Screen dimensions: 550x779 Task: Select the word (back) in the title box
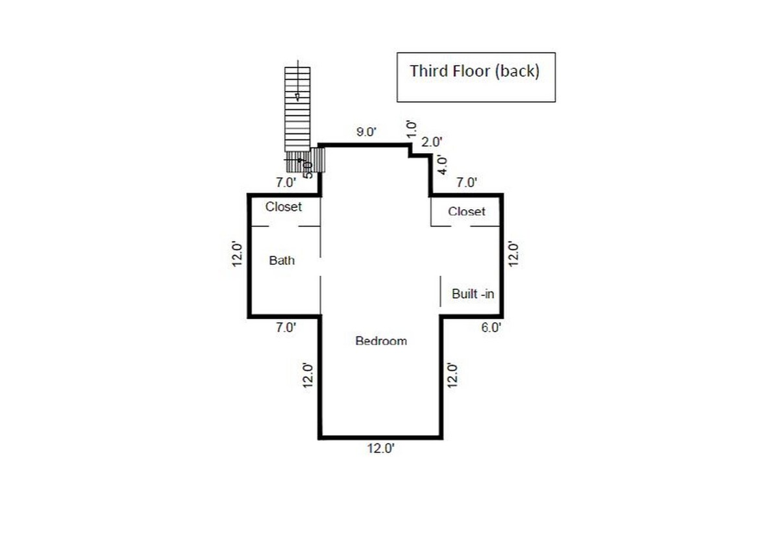[x=517, y=71]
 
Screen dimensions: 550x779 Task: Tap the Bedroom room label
[x=381, y=341]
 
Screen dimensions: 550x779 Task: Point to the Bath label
[x=282, y=260]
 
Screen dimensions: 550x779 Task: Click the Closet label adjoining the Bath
[x=284, y=207]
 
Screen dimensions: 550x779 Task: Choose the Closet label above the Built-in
[x=466, y=212]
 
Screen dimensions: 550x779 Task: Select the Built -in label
[x=473, y=294]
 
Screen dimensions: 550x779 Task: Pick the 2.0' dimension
[x=432, y=142]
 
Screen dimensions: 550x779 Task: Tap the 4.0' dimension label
[x=443, y=165]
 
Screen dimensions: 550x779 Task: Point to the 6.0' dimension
[x=491, y=328]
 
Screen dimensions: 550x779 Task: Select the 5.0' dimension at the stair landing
[x=308, y=169]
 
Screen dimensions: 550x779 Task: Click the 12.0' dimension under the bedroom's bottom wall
[x=380, y=448]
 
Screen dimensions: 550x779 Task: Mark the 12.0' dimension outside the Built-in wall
[x=513, y=253]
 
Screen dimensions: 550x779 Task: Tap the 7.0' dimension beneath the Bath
[x=286, y=328]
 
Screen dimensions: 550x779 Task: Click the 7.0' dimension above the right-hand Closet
[x=466, y=183]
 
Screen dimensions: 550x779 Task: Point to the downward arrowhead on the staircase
[x=297, y=97]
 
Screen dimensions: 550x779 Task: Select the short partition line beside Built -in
[x=441, y=290]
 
